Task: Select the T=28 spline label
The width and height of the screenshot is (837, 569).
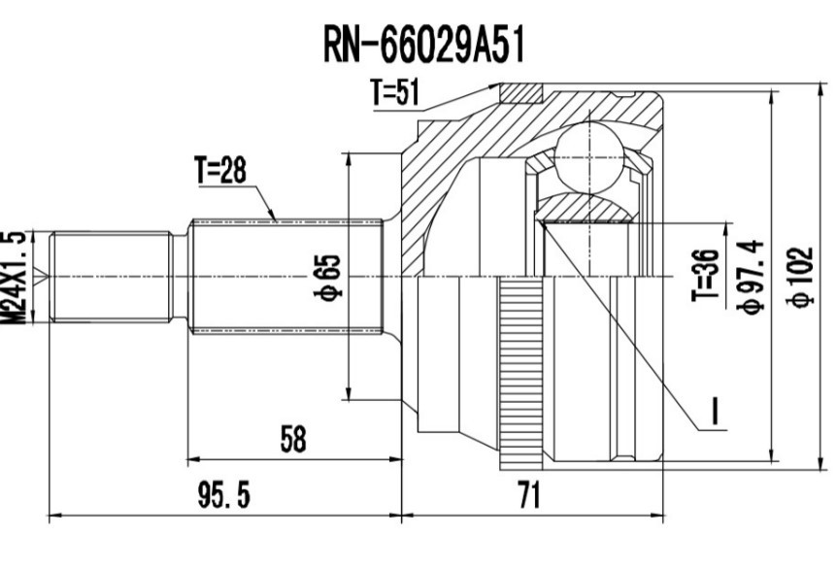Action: click(220, 170)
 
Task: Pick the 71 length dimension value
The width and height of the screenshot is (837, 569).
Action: click(527, 496)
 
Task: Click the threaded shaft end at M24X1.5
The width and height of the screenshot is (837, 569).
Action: click(109, 278)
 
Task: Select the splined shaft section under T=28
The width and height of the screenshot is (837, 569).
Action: click(286, 278)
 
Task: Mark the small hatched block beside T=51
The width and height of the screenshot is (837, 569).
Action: click(520, 93)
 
